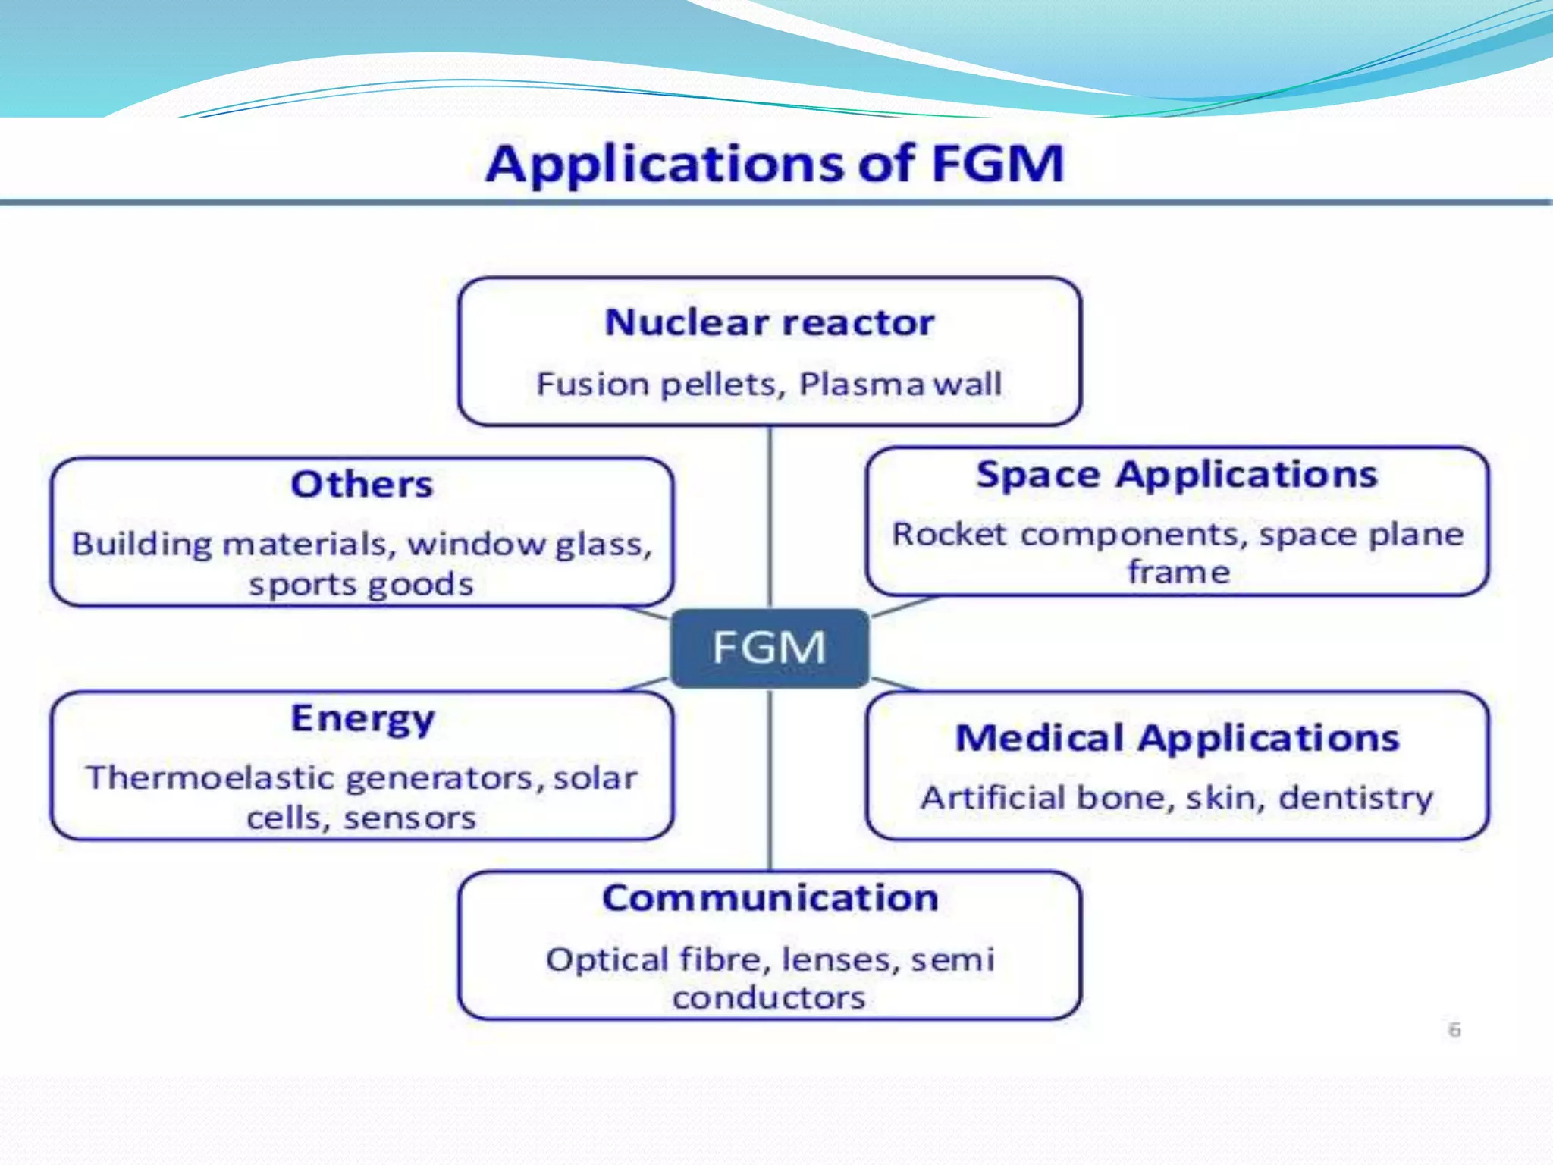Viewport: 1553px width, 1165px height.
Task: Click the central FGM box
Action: (x=770, y=648)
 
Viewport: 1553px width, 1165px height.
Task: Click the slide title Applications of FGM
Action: (x=775, y=163)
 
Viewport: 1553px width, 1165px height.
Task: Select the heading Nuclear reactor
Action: (x=770, y=322)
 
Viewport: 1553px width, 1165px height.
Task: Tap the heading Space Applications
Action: (x=1176, y=475)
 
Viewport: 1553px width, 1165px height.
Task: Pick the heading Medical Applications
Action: (x=1177, y=738)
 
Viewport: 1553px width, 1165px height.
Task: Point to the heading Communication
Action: (x=770, y=898)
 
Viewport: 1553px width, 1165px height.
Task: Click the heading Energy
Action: (x=362, y=718)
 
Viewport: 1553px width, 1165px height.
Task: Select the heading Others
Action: (x=362, y=484)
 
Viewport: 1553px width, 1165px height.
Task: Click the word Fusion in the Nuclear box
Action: (x=591, y=384)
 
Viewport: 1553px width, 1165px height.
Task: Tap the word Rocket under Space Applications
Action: (x=950, y=534)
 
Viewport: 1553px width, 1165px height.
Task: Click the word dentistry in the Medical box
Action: (x=1356, y=798)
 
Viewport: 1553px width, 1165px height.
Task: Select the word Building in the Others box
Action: (x=142, y=544)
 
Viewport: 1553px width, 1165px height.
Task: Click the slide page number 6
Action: (x=1454, y=1030)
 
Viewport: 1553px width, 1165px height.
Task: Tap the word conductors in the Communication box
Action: (x=769, y=997)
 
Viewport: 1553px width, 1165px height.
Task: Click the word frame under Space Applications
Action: (x=1178, y=572)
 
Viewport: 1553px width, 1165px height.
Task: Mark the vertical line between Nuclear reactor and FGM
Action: (x=770, y=516)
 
